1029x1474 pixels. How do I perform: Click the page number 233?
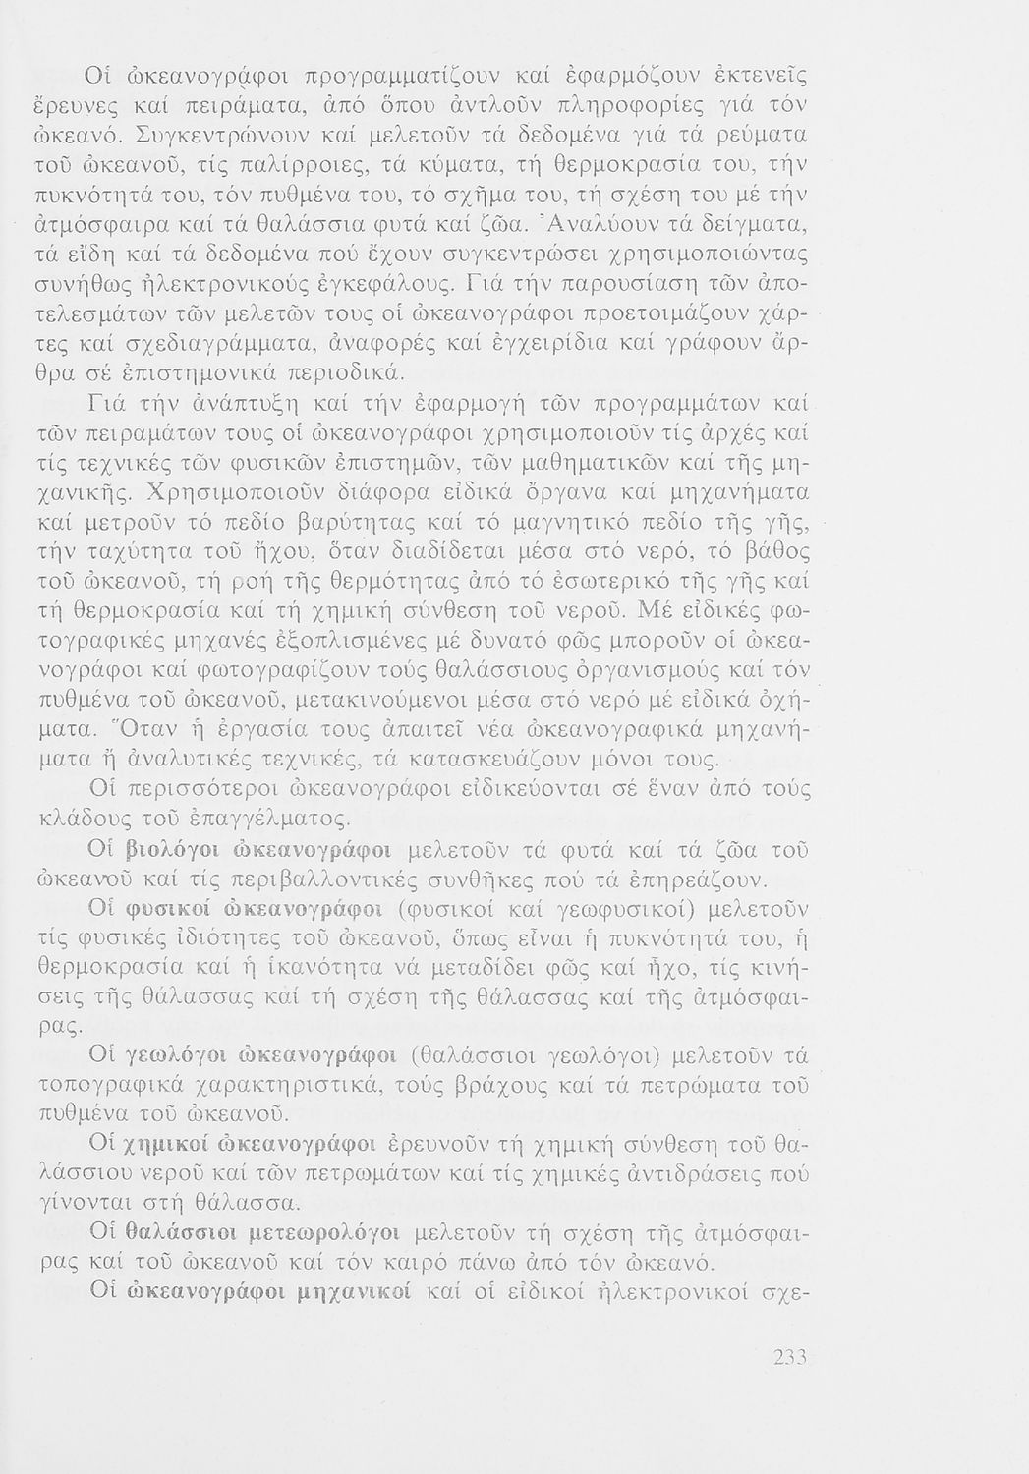tap(790, 1358)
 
